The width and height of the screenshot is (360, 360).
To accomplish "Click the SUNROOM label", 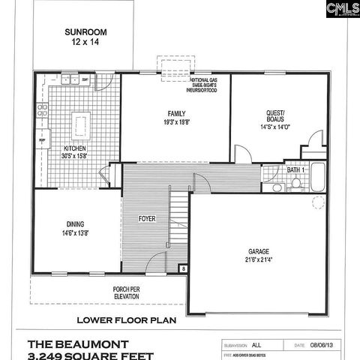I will [x=85, y=32].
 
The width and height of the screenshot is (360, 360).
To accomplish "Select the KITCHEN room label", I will [x=75, y=149].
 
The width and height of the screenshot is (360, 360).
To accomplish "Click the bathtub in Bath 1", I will [x=318, y=177].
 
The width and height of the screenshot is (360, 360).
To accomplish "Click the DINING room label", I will [x=74, y=224].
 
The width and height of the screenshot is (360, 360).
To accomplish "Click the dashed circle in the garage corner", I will [x=319, y=202].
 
